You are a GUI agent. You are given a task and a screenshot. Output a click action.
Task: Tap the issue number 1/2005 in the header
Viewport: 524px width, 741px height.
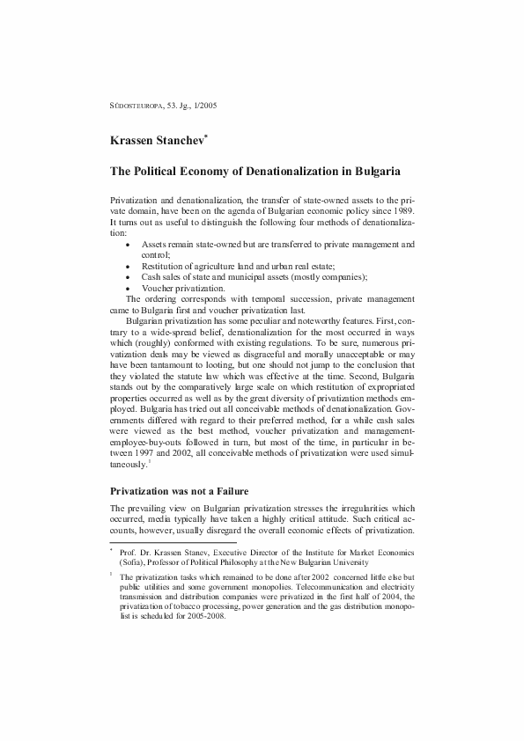pos(204,106)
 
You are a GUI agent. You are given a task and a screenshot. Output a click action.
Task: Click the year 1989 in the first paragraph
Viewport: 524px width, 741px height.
pos(401,211)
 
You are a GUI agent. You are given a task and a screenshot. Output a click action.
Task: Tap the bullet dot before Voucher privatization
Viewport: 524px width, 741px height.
pos(129,288)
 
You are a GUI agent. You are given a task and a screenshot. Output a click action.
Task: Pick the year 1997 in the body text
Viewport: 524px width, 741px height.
pos(134,448)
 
